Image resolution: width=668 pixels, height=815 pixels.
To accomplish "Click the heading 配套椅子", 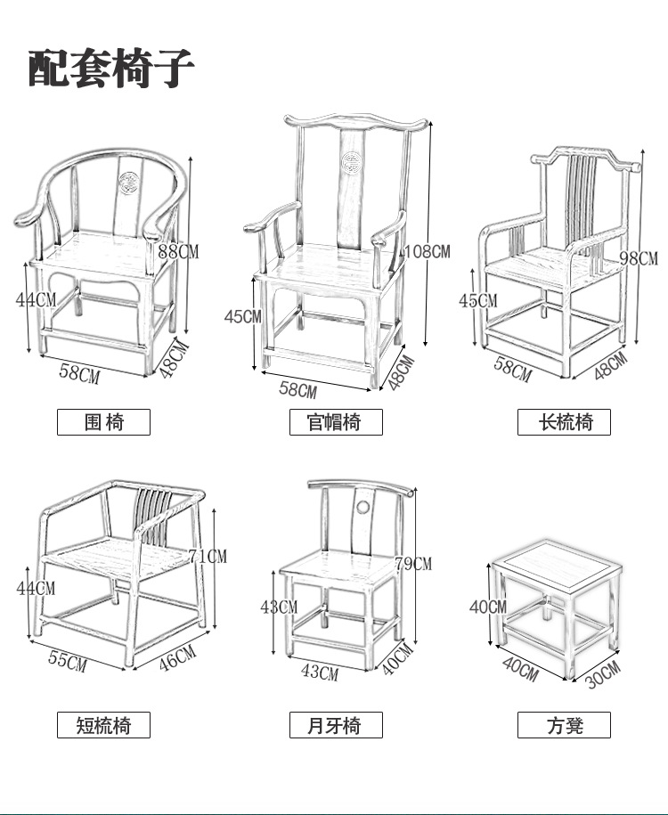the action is point(110,69).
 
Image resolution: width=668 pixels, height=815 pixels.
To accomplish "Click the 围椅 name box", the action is point(103,422).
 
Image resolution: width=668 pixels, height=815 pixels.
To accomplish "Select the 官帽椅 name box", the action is point(336,422).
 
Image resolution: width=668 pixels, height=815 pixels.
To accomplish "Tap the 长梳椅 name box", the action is point(564,422).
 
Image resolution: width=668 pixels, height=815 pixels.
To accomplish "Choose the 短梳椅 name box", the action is point(103,725).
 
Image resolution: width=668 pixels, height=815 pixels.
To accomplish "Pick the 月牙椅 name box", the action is point(336,725).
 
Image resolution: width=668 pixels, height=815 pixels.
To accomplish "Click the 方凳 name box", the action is point(564,725).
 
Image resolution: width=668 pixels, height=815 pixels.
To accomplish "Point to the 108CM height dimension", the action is point(427,251).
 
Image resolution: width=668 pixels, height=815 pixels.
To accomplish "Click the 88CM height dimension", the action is point(178,251).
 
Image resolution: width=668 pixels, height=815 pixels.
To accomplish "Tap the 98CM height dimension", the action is point(638,259).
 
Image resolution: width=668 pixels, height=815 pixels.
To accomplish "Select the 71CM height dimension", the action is point(208,557).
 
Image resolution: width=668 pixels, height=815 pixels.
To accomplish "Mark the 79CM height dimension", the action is point(412,564).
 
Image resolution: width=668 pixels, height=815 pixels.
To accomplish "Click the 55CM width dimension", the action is point(68,662).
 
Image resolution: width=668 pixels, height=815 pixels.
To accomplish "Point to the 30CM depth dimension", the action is point(603,674).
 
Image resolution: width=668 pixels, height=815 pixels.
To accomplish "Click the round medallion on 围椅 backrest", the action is point(130,182).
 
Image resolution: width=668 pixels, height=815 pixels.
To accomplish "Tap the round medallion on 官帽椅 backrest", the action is point(351,161).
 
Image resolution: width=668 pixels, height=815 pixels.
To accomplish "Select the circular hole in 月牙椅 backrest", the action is point(363,508).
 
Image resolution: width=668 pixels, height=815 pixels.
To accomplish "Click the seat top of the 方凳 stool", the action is point(553,565).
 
